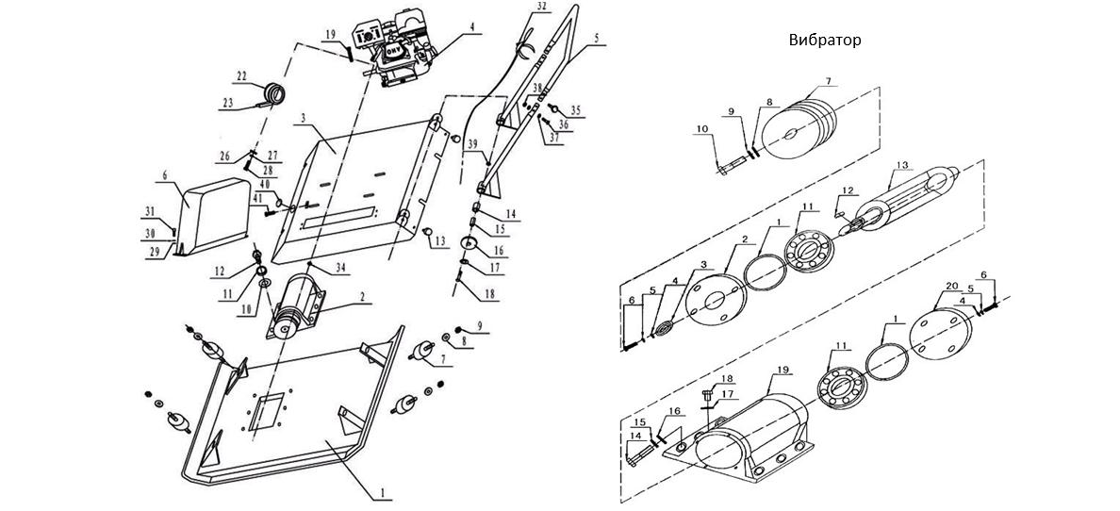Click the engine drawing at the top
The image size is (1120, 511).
401,52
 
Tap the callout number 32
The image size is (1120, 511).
539,7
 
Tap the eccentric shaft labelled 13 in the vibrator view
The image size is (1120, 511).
910,198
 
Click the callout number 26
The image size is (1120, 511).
225,156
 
